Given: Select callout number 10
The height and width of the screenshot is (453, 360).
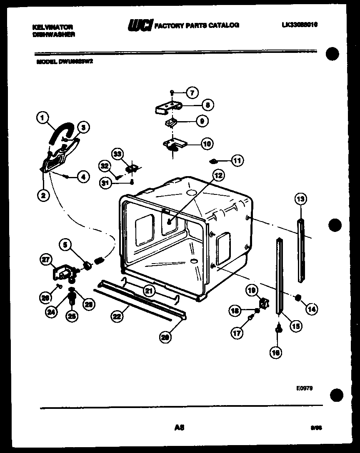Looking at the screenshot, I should [206, 144].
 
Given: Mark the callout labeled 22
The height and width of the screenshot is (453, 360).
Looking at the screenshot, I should [117, 316].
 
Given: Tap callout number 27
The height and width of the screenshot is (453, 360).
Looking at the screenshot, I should [45, 260].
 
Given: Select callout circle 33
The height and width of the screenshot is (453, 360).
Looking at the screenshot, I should [118, 154].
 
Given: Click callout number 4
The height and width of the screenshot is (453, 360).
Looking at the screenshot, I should [83, 177].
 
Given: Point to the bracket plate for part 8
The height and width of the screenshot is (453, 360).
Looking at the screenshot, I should [169, 108].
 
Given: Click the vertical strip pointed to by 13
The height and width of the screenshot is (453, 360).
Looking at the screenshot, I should [301, 250].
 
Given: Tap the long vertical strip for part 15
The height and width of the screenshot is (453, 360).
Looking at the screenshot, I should [279, 275].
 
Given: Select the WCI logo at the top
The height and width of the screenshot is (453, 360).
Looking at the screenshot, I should [140, 25].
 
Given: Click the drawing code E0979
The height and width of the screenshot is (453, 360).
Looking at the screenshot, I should [305, 388].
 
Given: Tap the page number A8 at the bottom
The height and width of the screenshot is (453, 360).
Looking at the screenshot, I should [180, 427].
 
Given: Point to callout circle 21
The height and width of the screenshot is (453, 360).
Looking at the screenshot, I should [149, 291].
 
